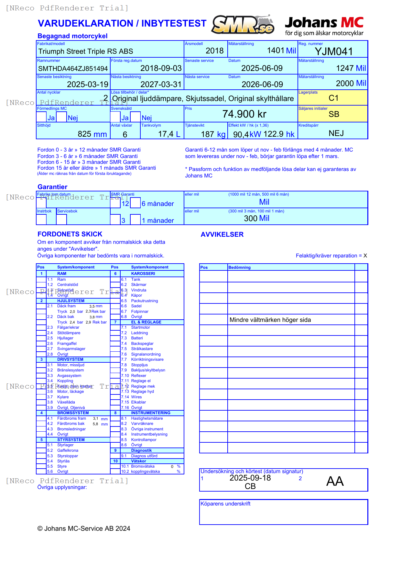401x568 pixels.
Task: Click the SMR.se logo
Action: pyautogui.click(x=243, y=25)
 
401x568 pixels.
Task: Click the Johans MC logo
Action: pyautogui.click(x=324, y=26)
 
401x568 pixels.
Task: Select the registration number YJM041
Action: pyautogui.click(x=334, y=51)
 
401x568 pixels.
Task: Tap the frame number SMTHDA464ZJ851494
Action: pyautogui.click(x=73, y=69)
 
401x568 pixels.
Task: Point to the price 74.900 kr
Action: pyautogui.click(x=244, y=114)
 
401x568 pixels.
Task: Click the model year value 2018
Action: pyautogui.click(x=214, y=51)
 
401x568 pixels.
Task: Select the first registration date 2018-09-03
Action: pyautogui.click(x=161, y=68)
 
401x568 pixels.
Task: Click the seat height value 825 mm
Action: pyautogui.click(x=92, y=134)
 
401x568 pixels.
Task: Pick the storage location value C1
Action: pyautogui.click(x=333, y=98)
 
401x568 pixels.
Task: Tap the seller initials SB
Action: pyautogui.click(x=334, y=114)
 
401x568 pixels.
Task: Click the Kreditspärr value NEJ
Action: pyautogui.click(x=336, y=133)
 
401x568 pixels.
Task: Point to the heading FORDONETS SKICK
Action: pyautogui.click(x=70, y=234)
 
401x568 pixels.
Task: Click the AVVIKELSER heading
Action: pyautogui.click(x=222, y=234)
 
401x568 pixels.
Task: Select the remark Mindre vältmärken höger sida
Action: pyautogui.click(x=270, y=320)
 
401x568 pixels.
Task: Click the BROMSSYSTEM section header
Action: pyautogui.click(x=73, y=413)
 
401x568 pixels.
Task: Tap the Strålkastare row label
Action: pyautogui.click(x=142, y=349)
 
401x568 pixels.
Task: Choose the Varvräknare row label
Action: pyautogui.click(x=142, y=424)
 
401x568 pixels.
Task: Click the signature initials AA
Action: pyautogui.click(x=335, y=481)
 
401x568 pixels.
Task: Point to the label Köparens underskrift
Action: pyautogui.click(x=225, y=504)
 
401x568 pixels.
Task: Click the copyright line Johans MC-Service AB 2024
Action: pyautogui.click(x=84, y=528)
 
